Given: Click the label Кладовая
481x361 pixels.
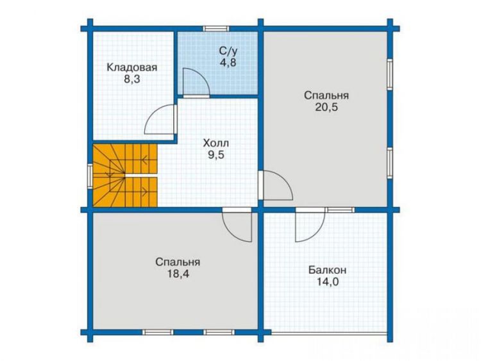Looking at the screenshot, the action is (132, 67).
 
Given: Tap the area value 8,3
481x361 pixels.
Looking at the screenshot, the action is (132, 80).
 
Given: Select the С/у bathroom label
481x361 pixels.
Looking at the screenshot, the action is (228, 51).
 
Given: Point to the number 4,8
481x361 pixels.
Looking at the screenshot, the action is (228, 63).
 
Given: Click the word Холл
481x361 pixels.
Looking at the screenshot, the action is (216, 143).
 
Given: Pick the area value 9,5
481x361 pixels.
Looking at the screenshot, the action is (216, 155).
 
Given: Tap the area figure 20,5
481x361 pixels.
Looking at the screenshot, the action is (326, 107).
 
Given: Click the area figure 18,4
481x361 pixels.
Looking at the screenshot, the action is (178, 274).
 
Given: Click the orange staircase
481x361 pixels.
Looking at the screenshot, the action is (125, 176).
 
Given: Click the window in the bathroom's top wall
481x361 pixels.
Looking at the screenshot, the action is (215, 28).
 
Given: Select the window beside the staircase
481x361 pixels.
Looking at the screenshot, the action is (90, 176).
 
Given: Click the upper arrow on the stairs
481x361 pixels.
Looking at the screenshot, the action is (144, 160).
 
